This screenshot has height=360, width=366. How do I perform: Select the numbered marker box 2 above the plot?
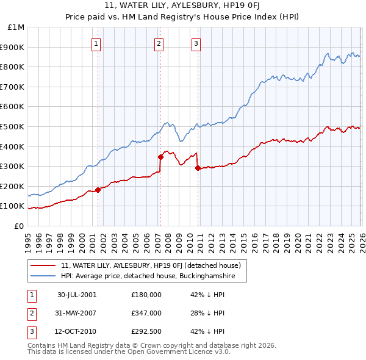[x=159, y=43]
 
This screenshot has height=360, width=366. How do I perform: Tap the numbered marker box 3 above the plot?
[x=196, y=43]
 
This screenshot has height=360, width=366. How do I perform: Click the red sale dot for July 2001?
[x=98, y=190]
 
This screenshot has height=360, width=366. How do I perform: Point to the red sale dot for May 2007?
[x=161, y=157]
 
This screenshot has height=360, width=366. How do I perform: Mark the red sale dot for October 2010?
[x=198, y=168]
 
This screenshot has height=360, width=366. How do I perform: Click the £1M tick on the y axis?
[x=16, y=27]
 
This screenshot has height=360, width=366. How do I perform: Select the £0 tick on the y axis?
[x=18, y=226]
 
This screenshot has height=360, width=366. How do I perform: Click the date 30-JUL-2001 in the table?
[x=77, y=295]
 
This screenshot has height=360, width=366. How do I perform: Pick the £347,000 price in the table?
[x=146, y=313]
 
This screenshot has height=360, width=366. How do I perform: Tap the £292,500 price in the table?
[x=146, y=332]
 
